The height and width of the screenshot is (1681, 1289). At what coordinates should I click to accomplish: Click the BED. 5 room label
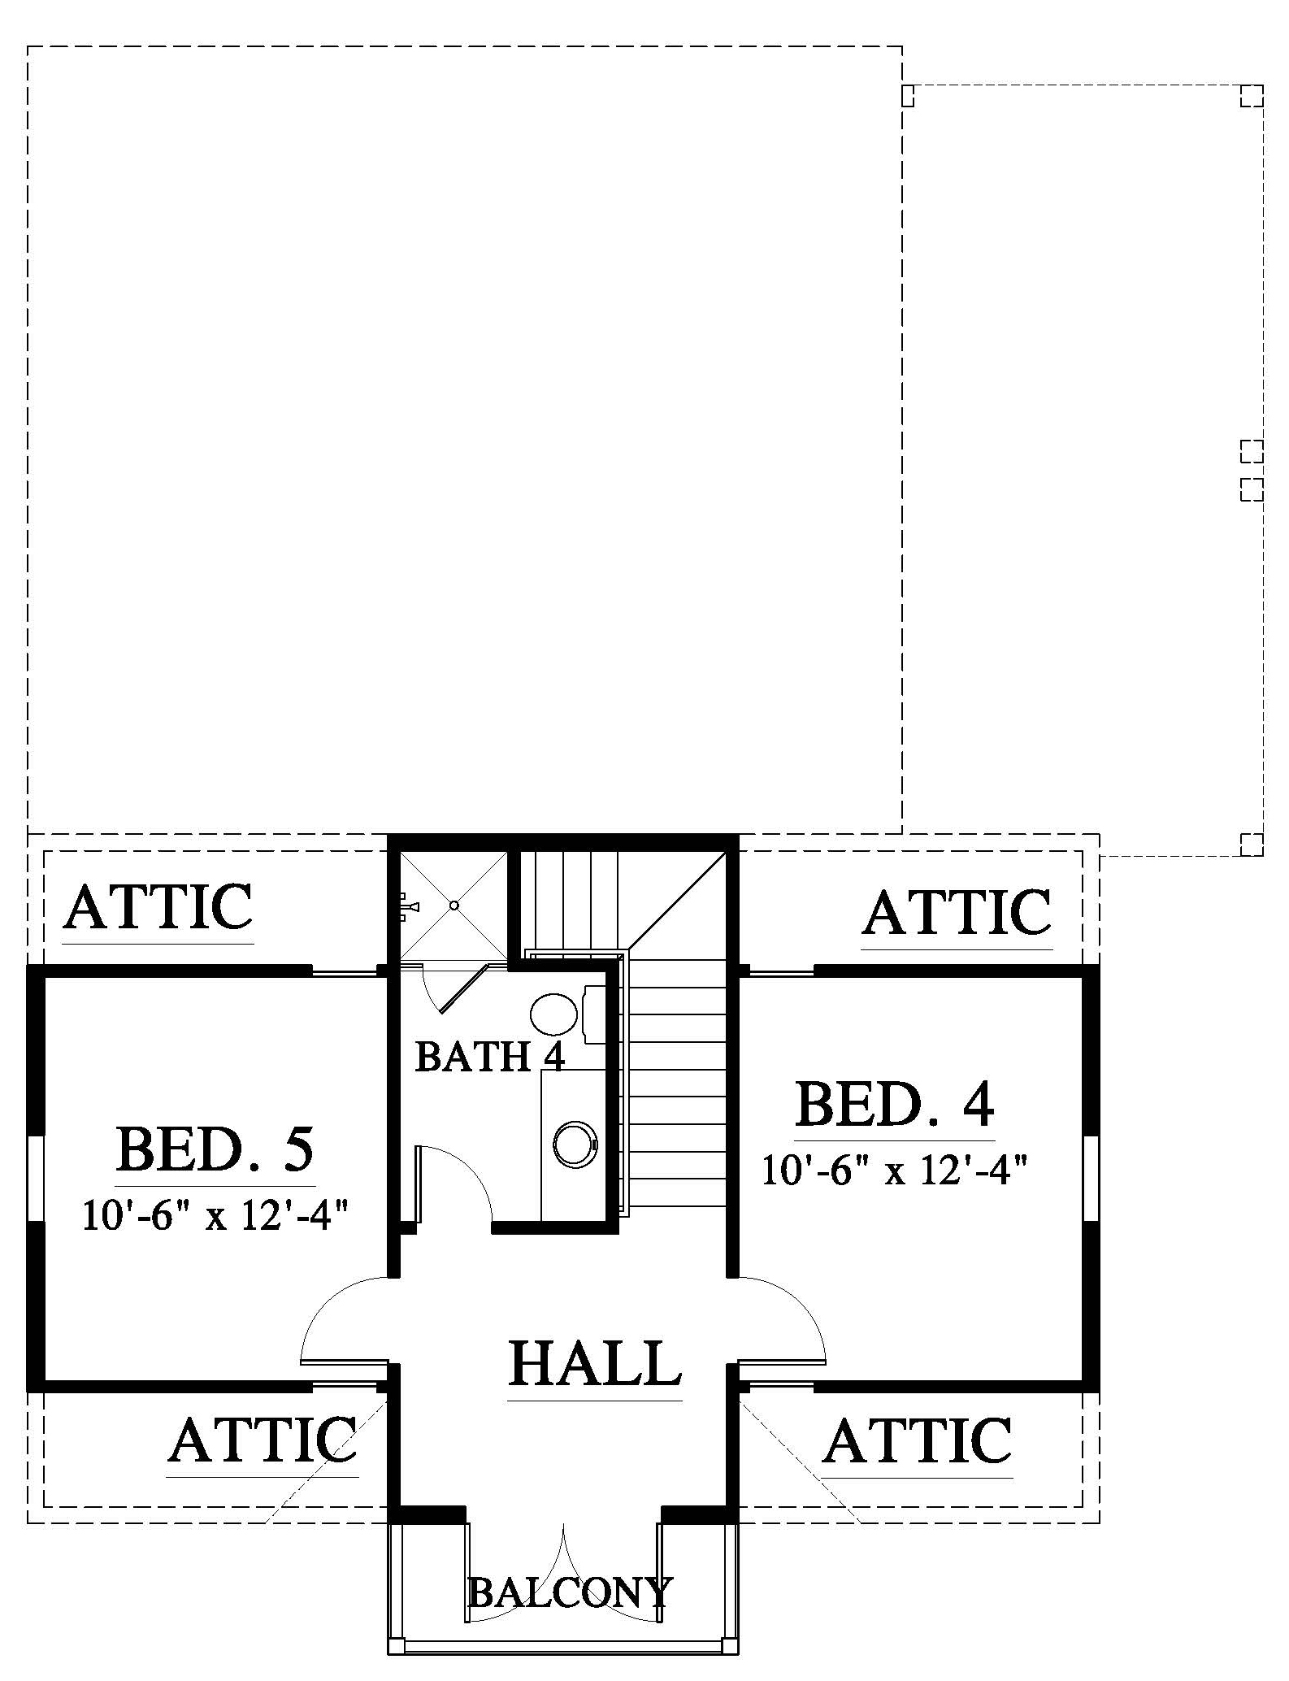pos(215,1149)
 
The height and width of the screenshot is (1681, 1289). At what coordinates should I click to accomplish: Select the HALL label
pos(595,1363)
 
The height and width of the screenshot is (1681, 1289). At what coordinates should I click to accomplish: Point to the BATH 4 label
pos(489,1057)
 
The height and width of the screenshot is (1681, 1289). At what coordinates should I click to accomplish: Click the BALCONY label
pos(571,1593)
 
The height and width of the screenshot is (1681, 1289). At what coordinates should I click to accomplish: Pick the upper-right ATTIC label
pos(957,912)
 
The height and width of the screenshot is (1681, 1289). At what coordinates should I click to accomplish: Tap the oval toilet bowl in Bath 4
pos(554,1014)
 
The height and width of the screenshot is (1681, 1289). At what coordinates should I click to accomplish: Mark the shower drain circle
pos(455,905)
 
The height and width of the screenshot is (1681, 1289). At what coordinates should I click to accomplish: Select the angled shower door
pos(463,989)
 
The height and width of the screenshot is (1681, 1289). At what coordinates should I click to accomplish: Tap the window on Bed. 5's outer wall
pos(36,1177)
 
